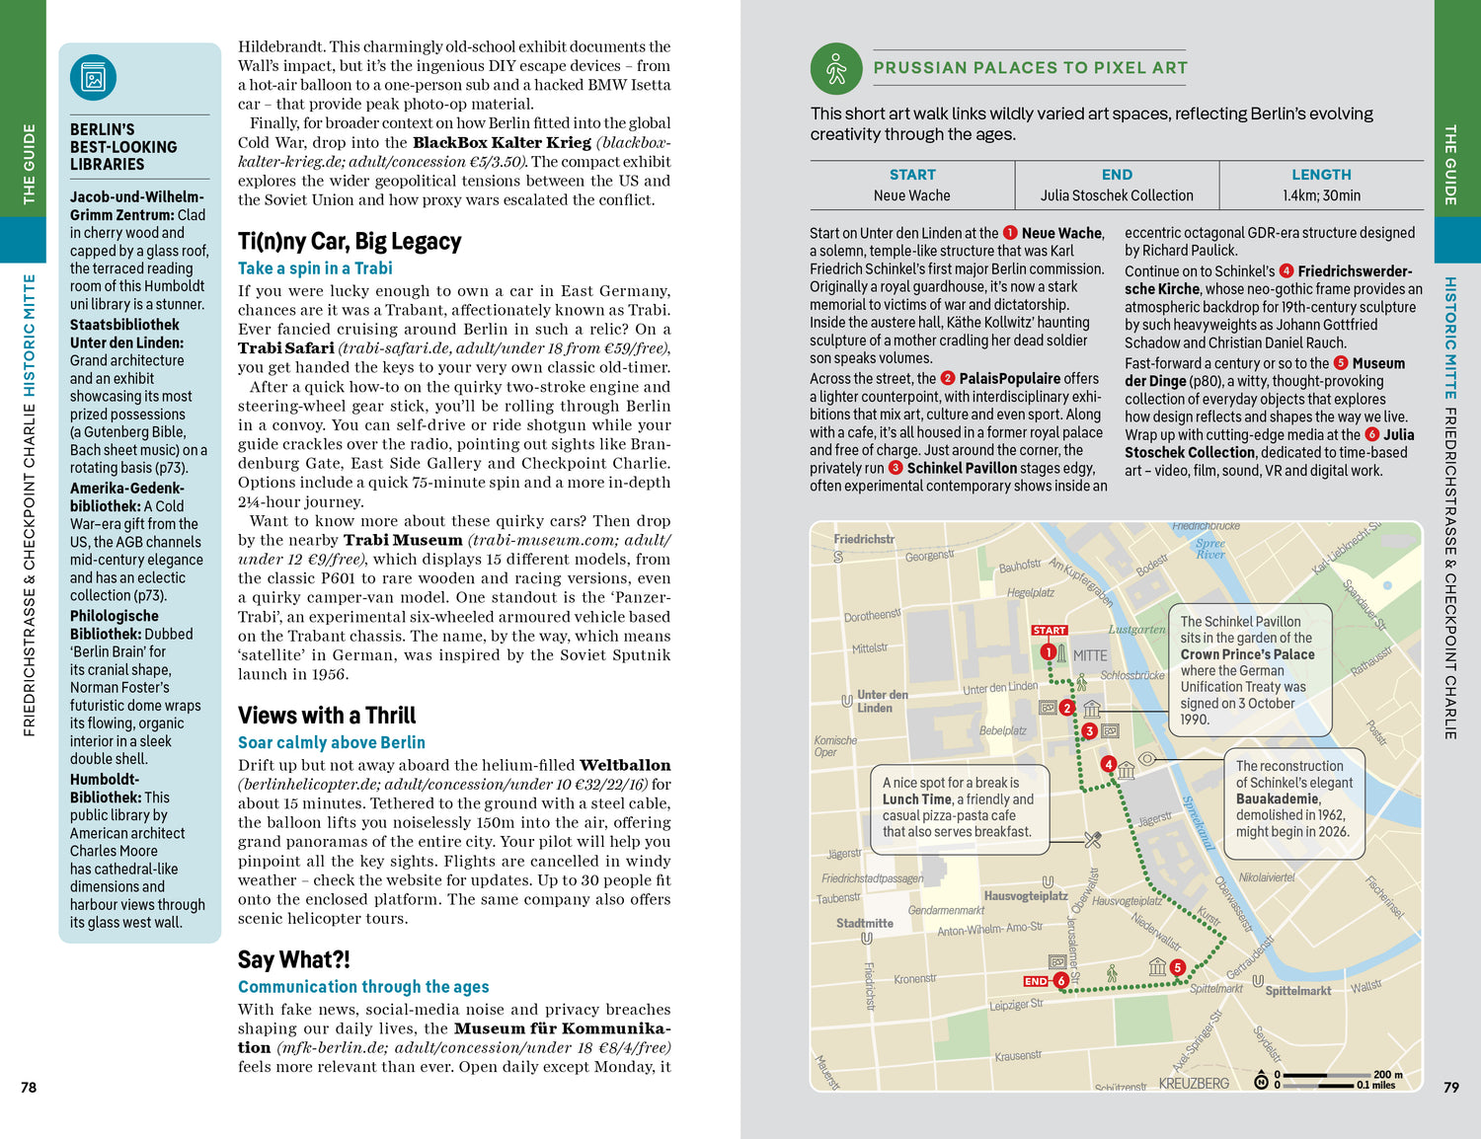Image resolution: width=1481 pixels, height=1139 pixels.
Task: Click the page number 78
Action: click(29, 1087)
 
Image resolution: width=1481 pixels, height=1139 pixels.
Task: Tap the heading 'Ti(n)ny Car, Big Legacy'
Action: click(350, 242)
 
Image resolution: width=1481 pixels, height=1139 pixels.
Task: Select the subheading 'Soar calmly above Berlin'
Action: click(331, 742)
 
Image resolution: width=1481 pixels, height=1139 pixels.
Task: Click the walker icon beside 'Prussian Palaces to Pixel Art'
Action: click(836, 69)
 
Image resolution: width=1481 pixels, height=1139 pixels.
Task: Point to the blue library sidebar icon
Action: click(94, 79)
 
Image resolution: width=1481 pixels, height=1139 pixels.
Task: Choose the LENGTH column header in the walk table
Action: click(1321, 175)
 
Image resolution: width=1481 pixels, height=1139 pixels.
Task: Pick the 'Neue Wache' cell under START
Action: click(911, 195)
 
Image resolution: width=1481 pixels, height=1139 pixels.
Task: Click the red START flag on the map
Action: click(1049, 630)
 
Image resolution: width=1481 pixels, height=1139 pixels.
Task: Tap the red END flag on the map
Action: click(1036, 981)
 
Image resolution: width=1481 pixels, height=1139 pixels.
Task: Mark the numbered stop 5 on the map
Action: click(1177, 968)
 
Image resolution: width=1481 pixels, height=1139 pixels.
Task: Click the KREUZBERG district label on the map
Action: click(1194, 1084)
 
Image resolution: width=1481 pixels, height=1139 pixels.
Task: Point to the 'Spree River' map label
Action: click(1210, 549)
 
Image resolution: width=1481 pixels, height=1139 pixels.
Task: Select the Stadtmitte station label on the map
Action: click(864, 924)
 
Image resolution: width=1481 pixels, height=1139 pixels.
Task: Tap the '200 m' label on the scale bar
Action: click(1387, 1075)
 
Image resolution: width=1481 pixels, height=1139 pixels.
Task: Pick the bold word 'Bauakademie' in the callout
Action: click(1278, 798)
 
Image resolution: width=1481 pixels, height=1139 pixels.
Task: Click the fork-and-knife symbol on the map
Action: click(1092, 840)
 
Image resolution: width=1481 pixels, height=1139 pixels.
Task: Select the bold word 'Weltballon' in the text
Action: click(625, 765)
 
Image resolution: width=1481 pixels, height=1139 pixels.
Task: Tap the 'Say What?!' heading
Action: click(293, 960)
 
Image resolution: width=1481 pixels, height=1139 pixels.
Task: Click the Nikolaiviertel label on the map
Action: click(1266, 877)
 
